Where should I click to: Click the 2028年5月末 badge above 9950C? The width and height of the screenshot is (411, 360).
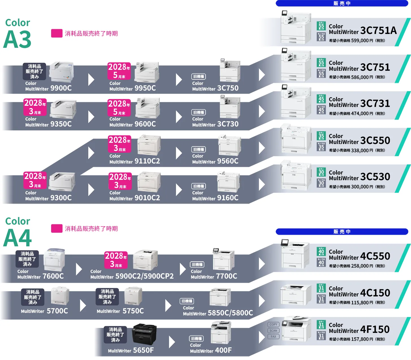(x=119, y=71)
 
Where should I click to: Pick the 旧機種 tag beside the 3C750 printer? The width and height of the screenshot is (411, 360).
(x=199, y=77)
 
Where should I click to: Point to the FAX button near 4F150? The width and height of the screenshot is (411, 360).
(x=273, y=337)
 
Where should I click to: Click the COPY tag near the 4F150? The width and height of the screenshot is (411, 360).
(x=273, y=324)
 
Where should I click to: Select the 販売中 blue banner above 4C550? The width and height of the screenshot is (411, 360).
(x=342, y=232)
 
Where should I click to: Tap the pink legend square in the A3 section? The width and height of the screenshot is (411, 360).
(x=56, y=33)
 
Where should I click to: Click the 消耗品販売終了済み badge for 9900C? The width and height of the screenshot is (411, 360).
(x=34, y=71)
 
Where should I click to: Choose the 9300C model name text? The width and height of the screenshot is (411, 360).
(x=48, y=198)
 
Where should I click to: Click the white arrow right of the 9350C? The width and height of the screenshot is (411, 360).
(x=91, y=117)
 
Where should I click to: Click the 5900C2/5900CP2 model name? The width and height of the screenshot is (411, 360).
(x=132, y=276)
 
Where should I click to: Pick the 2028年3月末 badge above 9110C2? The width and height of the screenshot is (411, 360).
(x=119, y=144)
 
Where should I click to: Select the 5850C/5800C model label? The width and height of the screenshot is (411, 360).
(x=218, y=313)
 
